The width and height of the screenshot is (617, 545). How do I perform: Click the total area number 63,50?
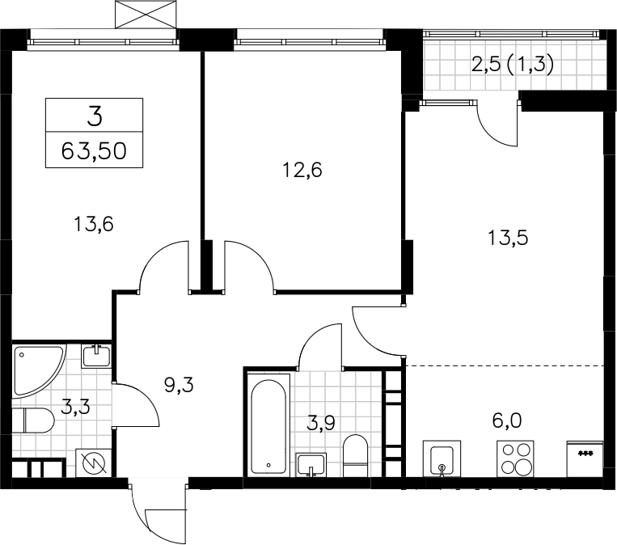(x=94, y=150)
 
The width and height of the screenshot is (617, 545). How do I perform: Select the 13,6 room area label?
(x=94, y=224)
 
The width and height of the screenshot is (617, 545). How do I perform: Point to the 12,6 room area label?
(x=302, y=170)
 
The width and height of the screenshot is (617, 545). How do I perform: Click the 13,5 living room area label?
(x=508, y=238)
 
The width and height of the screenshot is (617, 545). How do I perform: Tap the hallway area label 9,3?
(x=179, y=385)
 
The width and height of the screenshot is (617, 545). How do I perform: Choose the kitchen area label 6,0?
(x=507, y=420)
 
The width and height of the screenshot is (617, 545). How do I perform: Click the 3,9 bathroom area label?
(x=321, y=424)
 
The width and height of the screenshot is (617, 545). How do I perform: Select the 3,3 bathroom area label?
(x=75, y=407)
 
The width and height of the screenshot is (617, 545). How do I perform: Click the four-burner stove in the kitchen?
(x=515, y=458)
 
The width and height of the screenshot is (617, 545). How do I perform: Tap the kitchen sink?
(x=442, y=458)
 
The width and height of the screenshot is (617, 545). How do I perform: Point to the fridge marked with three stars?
(x=585, y=459)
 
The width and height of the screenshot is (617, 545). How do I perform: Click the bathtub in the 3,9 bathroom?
(x=268, y=427)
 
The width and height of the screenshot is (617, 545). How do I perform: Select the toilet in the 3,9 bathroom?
(x=355, y=456)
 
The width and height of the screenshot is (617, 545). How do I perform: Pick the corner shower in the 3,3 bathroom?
(x=38, y=371)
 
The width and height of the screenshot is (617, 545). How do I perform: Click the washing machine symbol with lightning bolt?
(x=94, y=463)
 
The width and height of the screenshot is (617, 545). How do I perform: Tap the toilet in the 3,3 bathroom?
(x=33, y=420)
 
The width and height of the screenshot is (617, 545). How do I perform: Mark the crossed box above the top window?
(x=146, y=15)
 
